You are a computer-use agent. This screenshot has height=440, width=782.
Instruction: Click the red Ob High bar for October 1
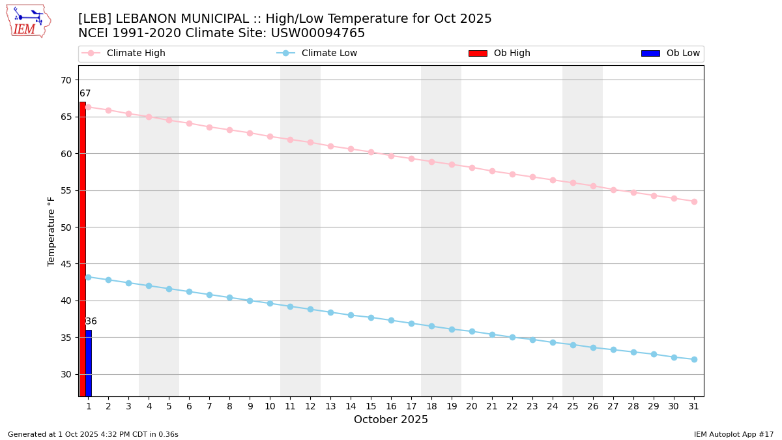click(83, 248)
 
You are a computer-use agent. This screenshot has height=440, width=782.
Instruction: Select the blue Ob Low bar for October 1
click(89, 362)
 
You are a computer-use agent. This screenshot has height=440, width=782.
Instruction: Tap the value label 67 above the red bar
click(85, 94)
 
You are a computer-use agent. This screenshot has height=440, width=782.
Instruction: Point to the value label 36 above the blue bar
click(91, 321)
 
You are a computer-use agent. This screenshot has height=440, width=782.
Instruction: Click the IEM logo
click(28, 21)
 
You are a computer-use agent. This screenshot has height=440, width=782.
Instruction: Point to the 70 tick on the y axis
click(66, 80)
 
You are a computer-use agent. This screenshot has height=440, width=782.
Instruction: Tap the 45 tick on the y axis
click(66, 264)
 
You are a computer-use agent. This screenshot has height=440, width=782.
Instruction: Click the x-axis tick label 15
click(371, 406)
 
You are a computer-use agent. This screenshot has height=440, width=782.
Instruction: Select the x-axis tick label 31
click(694, 406)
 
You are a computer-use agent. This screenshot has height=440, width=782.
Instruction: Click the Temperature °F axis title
click(52, 231)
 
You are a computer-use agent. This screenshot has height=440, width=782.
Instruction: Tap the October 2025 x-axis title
click(391, 420)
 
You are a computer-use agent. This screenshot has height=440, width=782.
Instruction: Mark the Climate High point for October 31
click(694, 201)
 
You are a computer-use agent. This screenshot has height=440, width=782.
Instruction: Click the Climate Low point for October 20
click(472, 331)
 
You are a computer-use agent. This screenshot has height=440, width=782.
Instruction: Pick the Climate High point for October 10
click(270, 136)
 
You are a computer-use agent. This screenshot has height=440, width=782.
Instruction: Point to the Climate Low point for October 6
click(189, 291)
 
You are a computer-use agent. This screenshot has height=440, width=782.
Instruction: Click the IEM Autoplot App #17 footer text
click(733, 434)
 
